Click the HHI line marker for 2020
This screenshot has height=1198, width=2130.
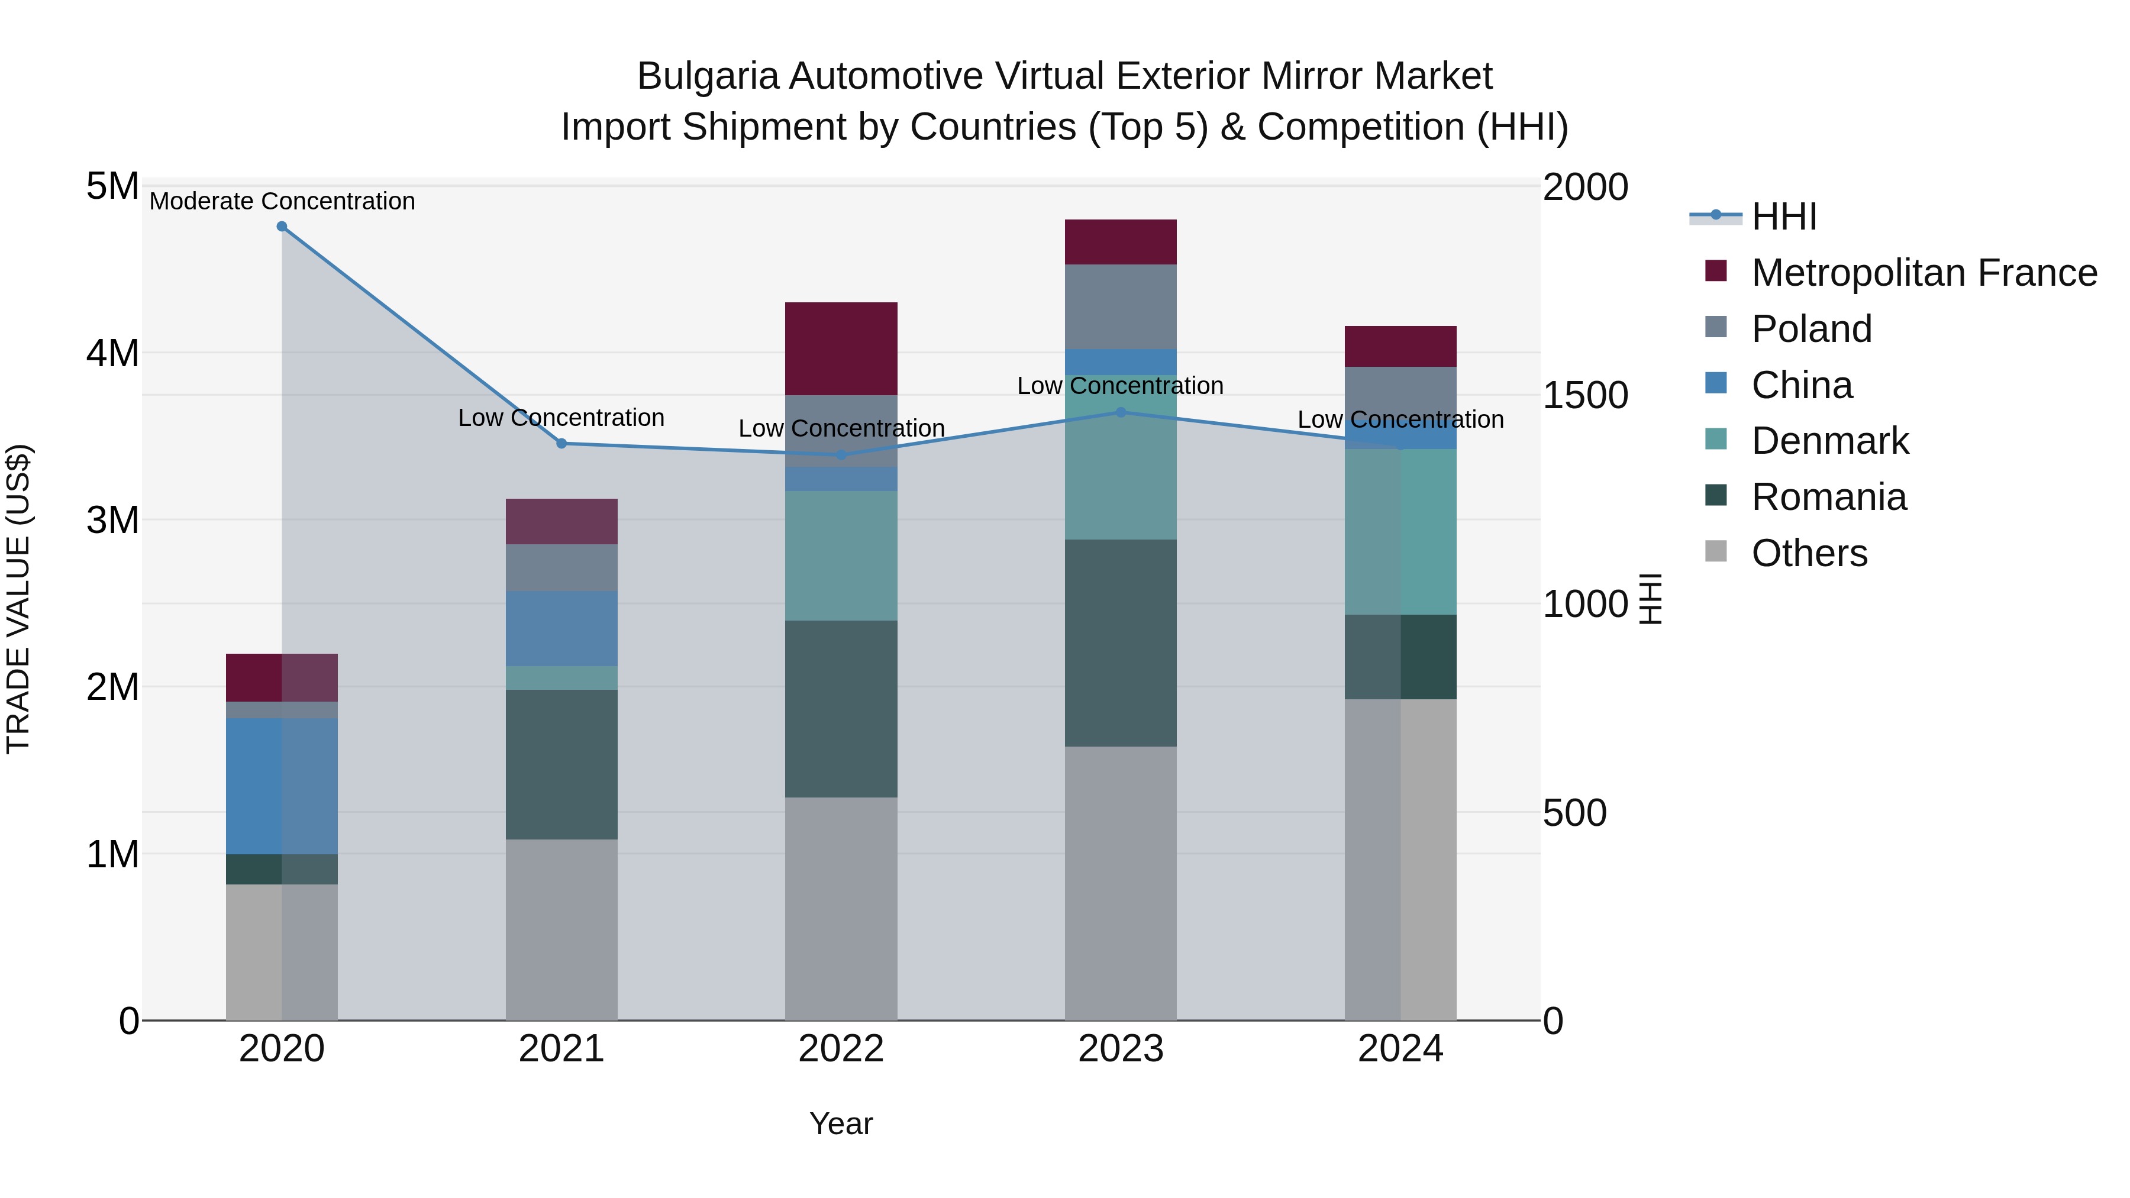282,227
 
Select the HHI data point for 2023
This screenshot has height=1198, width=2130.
1121,412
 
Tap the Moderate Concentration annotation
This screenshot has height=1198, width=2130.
282,201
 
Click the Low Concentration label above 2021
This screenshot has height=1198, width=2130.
561,418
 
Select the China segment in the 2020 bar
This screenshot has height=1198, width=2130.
282,786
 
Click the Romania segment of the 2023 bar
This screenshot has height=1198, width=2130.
1121,642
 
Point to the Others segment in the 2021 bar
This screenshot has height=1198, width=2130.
561,929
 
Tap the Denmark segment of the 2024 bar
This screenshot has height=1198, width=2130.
1400,532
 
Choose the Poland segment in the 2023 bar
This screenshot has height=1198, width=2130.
1121,306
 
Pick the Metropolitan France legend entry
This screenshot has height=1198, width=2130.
1924,273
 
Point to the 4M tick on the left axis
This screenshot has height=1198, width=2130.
112,353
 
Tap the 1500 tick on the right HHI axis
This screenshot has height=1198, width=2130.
1584,395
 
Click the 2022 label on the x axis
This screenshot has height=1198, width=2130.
841,1049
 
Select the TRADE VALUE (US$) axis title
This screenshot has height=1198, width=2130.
18,599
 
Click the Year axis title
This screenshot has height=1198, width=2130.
841,1123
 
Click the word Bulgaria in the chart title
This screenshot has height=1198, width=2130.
707,76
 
